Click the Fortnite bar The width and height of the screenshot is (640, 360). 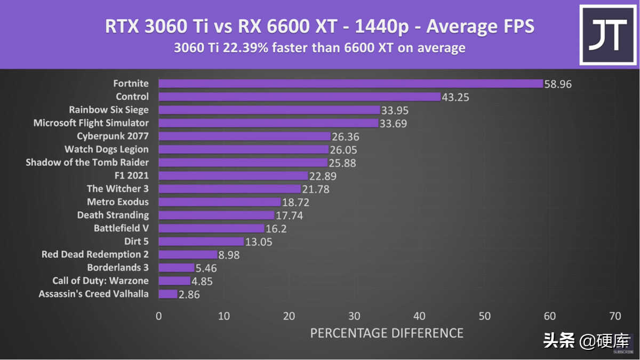350,84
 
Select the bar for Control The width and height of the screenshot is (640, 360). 300,97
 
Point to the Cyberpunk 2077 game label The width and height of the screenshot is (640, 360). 113,136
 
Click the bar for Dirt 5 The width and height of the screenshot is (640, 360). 201,242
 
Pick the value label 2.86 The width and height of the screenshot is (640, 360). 189,294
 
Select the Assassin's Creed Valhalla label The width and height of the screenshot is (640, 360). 94,294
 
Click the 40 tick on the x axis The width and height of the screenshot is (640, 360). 419,316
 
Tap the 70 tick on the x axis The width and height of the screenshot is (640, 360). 615,316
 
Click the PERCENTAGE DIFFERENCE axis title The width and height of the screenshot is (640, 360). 387,333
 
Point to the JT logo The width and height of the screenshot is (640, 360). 607,35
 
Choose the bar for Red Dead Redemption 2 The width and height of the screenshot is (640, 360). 188,255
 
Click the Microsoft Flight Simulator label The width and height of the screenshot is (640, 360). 91,123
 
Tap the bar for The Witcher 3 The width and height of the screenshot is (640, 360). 229,189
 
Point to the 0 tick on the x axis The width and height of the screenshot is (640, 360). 158,316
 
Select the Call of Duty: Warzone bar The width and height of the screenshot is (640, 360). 174,281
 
